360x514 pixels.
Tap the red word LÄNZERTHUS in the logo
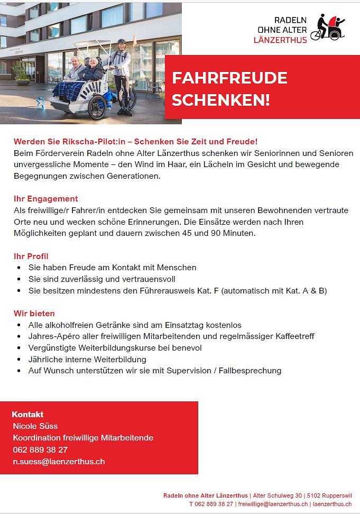point(280,40)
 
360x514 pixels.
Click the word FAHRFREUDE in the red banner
point(229,78)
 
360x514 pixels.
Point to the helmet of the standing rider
point(122,41)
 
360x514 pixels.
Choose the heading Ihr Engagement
point(45,199)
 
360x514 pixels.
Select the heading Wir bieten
point(34,314)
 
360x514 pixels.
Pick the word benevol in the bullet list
point(186,348)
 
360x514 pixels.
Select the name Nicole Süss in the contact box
point(35,426)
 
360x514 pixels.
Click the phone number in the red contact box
point(40,450)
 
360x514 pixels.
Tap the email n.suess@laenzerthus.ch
point(59,462)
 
